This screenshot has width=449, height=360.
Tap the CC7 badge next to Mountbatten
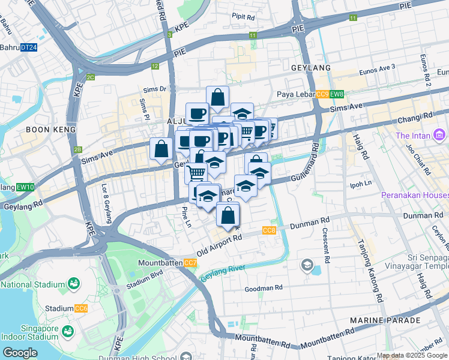pos(190,263)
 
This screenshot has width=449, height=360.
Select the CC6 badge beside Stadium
pos(82,308)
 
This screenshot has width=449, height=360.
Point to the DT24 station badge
pos(29,47)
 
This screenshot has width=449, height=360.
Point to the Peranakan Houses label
pos(414,196)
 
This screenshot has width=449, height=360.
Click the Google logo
pos(19,353)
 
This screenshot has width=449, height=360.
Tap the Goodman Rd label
pos(263,289)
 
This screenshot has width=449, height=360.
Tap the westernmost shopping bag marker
pos(161,149)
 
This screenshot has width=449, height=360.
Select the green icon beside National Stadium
pos(74,283)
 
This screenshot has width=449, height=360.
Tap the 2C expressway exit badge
pos(90,77)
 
